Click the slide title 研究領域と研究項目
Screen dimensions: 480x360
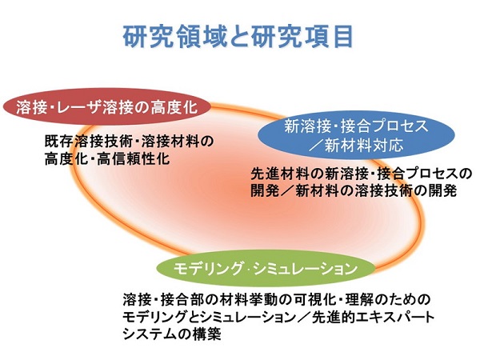point(238,37)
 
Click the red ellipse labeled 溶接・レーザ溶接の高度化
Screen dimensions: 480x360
point(107,107)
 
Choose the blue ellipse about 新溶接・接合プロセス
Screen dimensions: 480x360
point(356,134)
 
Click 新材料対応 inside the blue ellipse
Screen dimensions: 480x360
point(364,145)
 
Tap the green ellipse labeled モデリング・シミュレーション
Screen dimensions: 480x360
point(266,268)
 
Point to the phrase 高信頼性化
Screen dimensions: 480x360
point(133,159)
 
